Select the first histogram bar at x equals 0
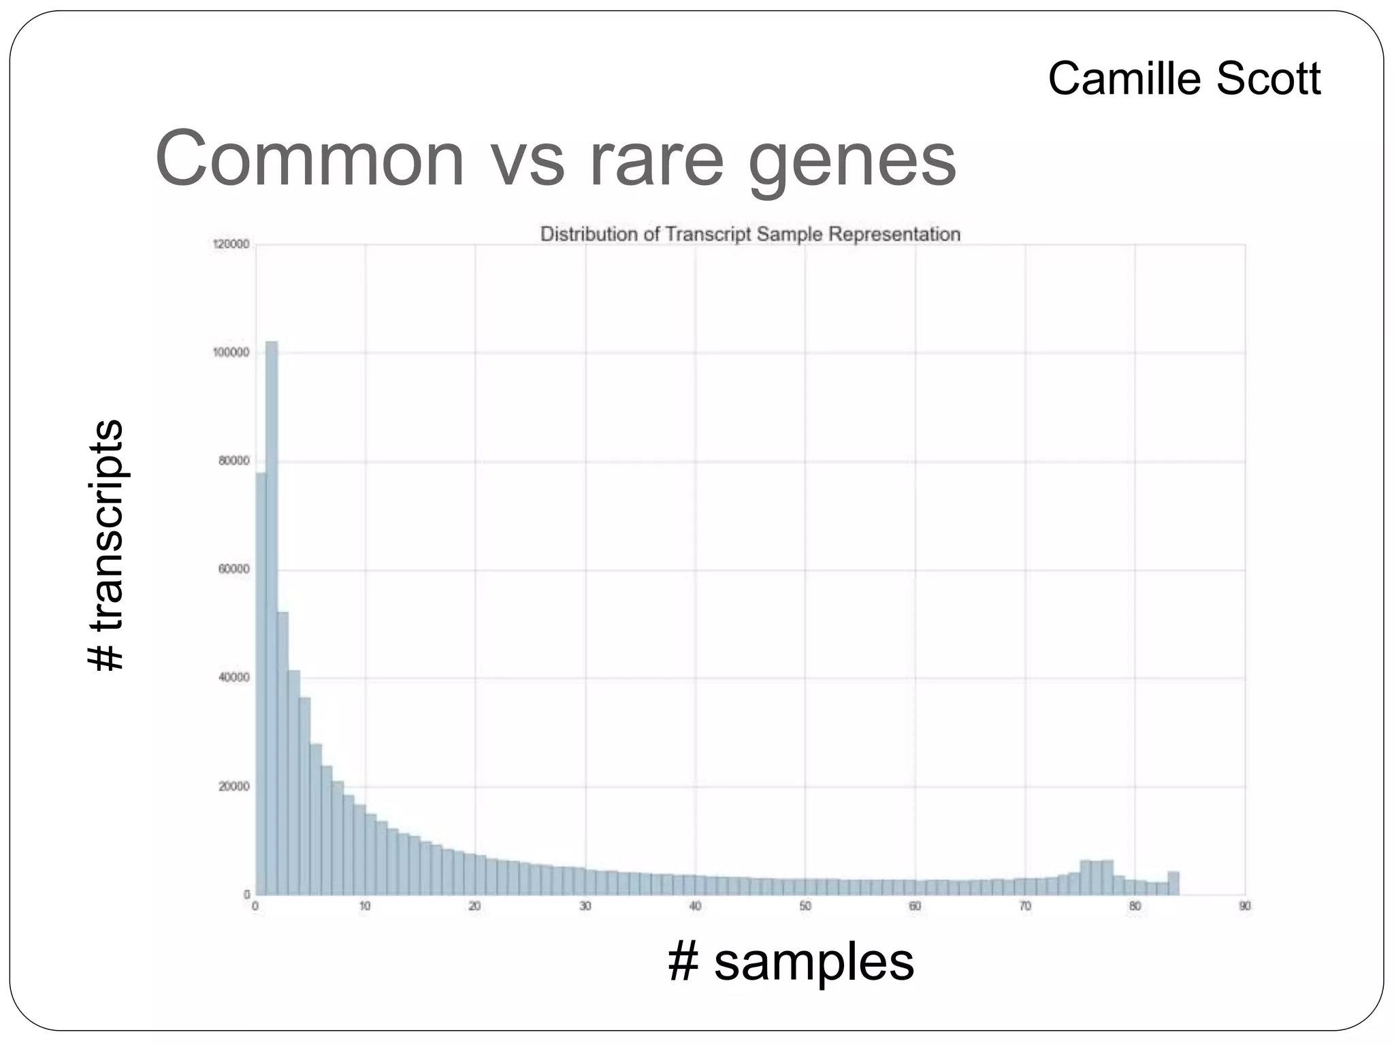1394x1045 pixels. pos(261,684)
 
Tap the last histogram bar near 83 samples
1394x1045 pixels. pos(1173,883)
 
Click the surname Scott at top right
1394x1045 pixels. pos(1268,79)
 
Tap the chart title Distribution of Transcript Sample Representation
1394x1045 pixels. pos(750,234)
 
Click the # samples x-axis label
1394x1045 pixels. pos(791,962)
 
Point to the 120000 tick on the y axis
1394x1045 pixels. pos(232,245)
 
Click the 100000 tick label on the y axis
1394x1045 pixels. pos(231,352)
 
